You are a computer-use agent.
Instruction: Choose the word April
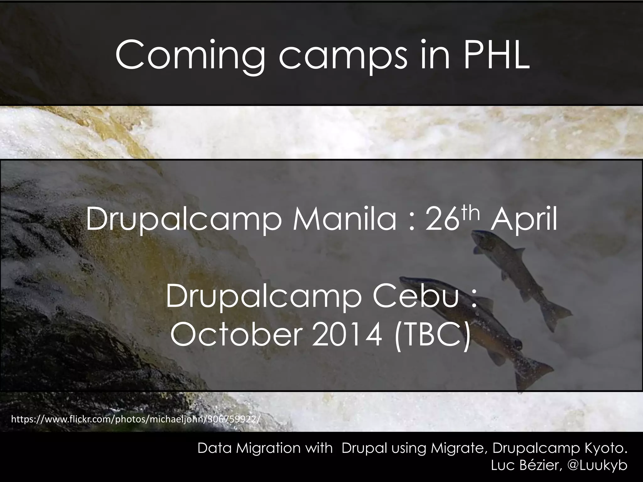click(x=524, y=220)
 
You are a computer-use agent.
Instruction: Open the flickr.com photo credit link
click(x=136, y=419)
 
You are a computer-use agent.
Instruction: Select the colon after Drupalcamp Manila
click(x=412, y=221)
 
